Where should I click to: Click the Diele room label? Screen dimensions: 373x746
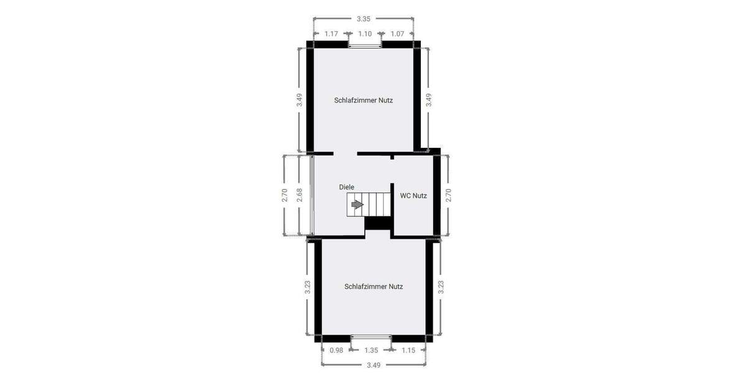click(x=346, y=186)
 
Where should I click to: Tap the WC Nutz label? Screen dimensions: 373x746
click(x=413, y=195)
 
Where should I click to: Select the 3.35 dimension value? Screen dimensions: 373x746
click(x=364, y=19)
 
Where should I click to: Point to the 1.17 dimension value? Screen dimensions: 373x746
click(x=331, y=34)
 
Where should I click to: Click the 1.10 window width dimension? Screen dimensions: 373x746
click(x=365, y=34)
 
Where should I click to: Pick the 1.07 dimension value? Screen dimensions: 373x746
click(x=398, y=34)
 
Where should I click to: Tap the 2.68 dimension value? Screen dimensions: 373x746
click(x=299, y=195)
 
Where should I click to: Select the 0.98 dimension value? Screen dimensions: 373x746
click(x=336, y=351)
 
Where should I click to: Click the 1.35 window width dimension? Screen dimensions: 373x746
click(x=371, y=351)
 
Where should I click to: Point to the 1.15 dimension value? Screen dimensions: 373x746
click(x=408, y=351)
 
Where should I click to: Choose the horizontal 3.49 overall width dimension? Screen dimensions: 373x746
click(x=373, y=365)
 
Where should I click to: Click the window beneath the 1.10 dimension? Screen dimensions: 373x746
click(x=365, y=45)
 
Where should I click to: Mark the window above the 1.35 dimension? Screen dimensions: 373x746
click(x=371, y=338)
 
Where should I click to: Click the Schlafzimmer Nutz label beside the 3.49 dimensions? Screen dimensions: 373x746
click(x=364, y=100)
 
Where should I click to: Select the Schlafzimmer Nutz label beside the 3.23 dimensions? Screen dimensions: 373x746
click(x=374, y=287)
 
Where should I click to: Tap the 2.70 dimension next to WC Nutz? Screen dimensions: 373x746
click(x=448, y=195)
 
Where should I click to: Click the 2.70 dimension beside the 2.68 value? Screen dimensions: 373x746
click(x=285, y=195)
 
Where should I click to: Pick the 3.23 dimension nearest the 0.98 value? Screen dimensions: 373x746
click(x=308, y=287)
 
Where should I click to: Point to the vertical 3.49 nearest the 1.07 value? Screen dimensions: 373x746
click(x=428, y=100)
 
